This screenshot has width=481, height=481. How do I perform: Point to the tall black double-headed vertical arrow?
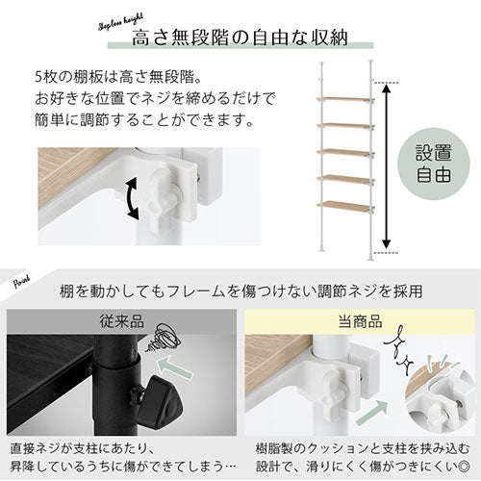click(387, 166)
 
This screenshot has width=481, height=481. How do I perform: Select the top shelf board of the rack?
click(343, 98)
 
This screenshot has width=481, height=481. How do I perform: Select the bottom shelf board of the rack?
click(343, 206)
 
